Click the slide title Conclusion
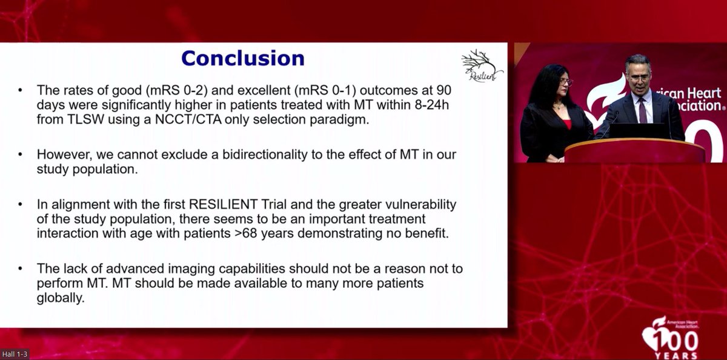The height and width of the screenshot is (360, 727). coord(242,58)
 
